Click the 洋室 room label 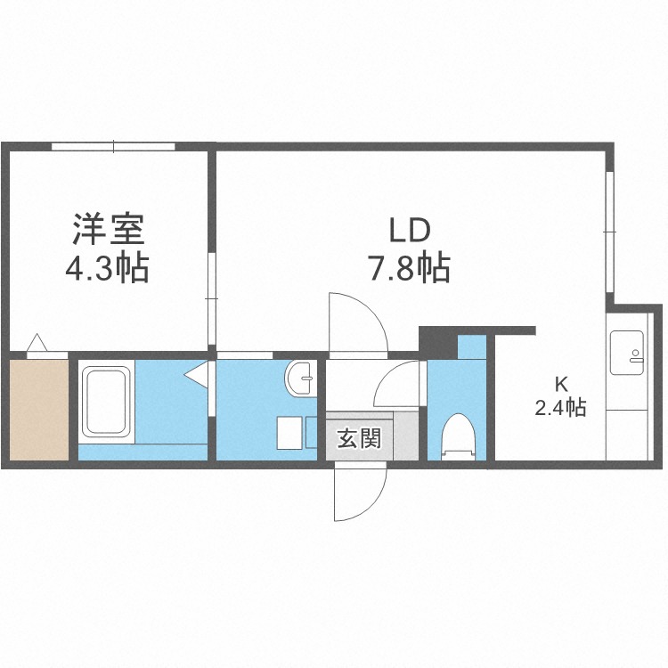coord(108,231)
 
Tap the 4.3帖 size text coord(108,267)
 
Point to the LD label coord(409,231)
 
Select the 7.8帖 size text coord(409,267)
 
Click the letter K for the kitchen coord(561,386)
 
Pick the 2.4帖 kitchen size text coord(560,409)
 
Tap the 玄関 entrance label coord(359,438)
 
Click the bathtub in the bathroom coord(108,402)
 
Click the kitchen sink coord(627,352)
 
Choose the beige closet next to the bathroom coord(38,408)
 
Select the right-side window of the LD coord(610,232)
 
